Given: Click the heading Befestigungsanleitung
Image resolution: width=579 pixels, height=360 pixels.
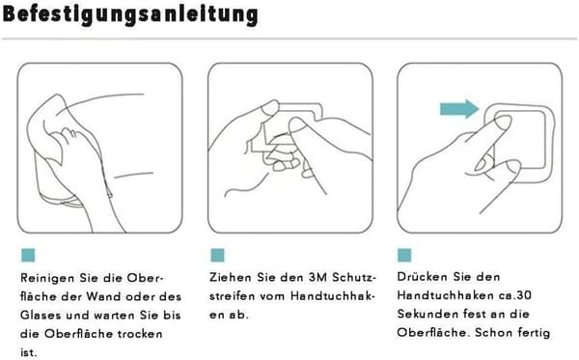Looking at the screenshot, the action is (130, 14).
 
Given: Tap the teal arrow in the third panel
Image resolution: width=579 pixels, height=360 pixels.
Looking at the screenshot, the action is (459, 109).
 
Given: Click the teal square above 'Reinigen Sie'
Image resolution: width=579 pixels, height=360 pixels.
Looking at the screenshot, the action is (28, 255).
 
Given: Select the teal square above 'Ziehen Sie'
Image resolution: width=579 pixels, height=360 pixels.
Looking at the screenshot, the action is (217, 255).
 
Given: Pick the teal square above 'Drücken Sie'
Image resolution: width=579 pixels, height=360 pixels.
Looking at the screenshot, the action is (404, 255).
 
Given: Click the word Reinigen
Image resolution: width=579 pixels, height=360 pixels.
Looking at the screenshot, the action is (47, 278).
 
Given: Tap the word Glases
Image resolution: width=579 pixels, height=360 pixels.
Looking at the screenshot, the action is (41, 316).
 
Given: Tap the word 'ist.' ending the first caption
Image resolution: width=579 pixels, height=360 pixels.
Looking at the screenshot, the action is (29, 352).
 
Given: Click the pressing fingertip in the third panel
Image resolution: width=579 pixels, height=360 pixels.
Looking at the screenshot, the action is (502, 122).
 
